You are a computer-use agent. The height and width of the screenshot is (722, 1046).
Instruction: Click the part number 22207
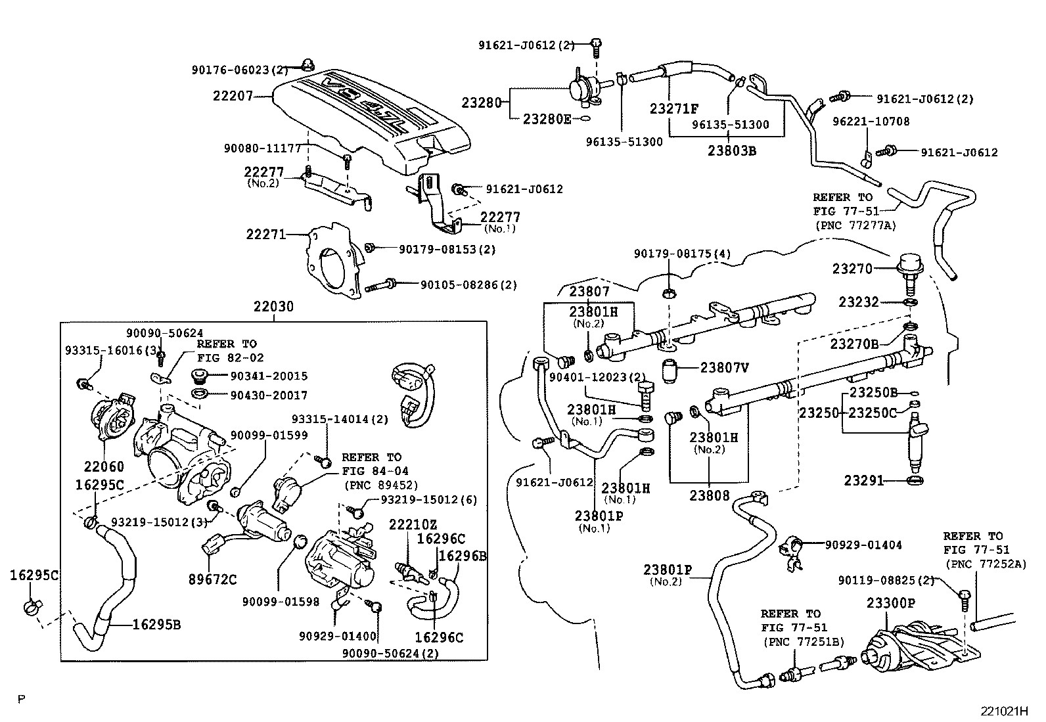pos(233,96)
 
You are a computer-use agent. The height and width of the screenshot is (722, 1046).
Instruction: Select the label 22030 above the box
pos(274,307)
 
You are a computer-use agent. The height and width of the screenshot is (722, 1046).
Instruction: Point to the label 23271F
pos(674,109)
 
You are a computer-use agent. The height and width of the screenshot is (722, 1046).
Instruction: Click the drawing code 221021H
pos(1005,711)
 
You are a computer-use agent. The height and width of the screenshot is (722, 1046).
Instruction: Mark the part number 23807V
pos(724,369)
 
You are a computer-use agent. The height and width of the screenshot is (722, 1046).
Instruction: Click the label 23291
pos(865,482)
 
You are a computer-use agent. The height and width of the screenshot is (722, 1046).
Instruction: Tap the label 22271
pos(265,234)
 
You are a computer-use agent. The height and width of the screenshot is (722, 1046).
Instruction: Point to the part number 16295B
pos(156,624)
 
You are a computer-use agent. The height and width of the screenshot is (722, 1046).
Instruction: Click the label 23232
pos(858,302)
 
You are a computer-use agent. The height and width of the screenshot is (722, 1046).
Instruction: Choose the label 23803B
pos(732,150)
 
